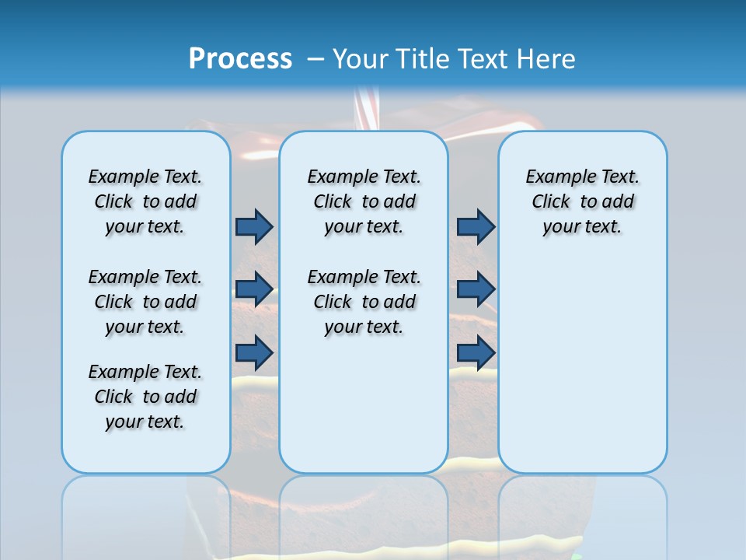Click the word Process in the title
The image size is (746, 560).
240,58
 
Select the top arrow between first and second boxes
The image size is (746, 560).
254,226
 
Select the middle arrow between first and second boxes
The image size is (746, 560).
254,289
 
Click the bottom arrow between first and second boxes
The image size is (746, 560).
254,353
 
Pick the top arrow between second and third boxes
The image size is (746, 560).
476,226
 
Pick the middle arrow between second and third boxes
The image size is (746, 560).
476,289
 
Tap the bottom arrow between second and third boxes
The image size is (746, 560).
476,353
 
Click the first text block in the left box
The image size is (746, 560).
145,201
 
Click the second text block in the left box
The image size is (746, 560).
145,302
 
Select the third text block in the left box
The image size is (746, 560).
145,397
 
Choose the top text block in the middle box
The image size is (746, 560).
364,201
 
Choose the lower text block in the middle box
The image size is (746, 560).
364,302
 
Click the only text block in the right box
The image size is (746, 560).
582,201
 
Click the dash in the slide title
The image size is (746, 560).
315,59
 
